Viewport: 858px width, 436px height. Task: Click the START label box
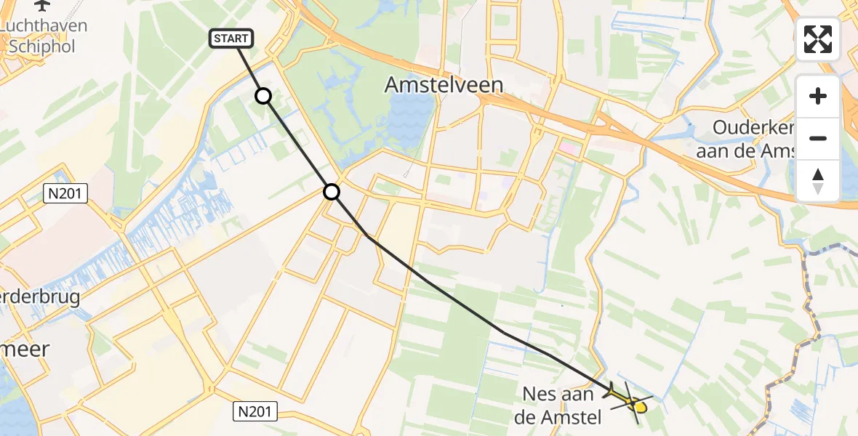pyautogui.click(x=231, y=39)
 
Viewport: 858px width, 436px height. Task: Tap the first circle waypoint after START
pyautogui.click(x=263, y=96)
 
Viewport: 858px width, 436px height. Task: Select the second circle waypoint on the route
pyautogui.click(x=331, y=192)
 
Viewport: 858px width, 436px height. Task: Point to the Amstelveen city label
pyautogui.click(x=444, y=85)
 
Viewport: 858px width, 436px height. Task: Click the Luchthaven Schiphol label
pyautogui.click(x=44, y=36)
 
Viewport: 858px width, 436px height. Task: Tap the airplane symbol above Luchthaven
pyautogui.click(x=43, y=6)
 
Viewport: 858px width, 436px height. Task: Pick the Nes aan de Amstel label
pyautogui.click(x=561, y=405)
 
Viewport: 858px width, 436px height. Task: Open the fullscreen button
pyautogui.click(x=818, y=39)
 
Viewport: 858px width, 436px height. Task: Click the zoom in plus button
pyautogui.click(x=818, y=96)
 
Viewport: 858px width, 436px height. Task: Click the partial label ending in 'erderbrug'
pyautogui.click(x=40, y=299)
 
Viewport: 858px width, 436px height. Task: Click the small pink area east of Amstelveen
pyautogui.click(x=567, y=149)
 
